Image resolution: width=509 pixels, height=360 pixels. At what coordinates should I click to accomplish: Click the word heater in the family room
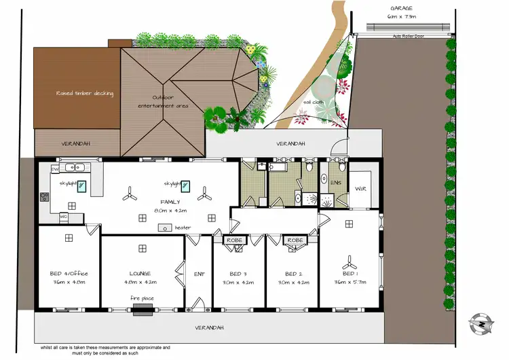click(183, 228)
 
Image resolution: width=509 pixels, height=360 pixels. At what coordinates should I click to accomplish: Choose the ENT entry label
click(200, 274)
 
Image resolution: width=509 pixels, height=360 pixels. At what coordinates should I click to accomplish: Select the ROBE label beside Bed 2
click(295, 240)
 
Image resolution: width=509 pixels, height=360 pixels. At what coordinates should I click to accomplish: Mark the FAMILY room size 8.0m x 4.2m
click(170, 211)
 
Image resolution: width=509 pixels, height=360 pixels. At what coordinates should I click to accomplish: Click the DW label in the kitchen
click(56, 167)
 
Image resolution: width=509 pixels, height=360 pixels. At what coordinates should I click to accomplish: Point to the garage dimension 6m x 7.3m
click(402, 15)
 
